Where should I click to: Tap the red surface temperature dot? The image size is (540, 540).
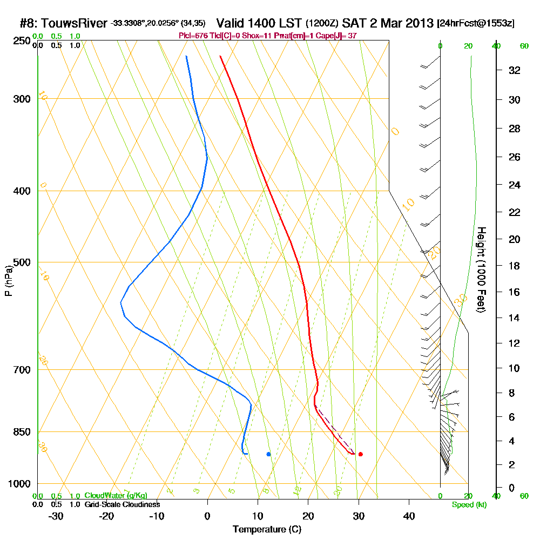360,454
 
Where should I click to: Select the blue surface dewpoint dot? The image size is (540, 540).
268,454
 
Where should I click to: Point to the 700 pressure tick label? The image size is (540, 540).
19,370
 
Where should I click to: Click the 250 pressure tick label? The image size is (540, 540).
19,41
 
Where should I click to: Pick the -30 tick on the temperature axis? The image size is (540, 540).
56,516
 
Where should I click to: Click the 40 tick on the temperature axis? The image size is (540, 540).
409,516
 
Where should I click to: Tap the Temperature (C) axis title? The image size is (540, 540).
267,530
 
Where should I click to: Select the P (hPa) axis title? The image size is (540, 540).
8,281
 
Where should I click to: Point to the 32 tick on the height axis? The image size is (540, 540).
514,70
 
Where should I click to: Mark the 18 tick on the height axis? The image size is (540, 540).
514,266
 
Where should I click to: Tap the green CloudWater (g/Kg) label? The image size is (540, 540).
116,496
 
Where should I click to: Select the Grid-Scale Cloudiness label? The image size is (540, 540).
122,504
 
